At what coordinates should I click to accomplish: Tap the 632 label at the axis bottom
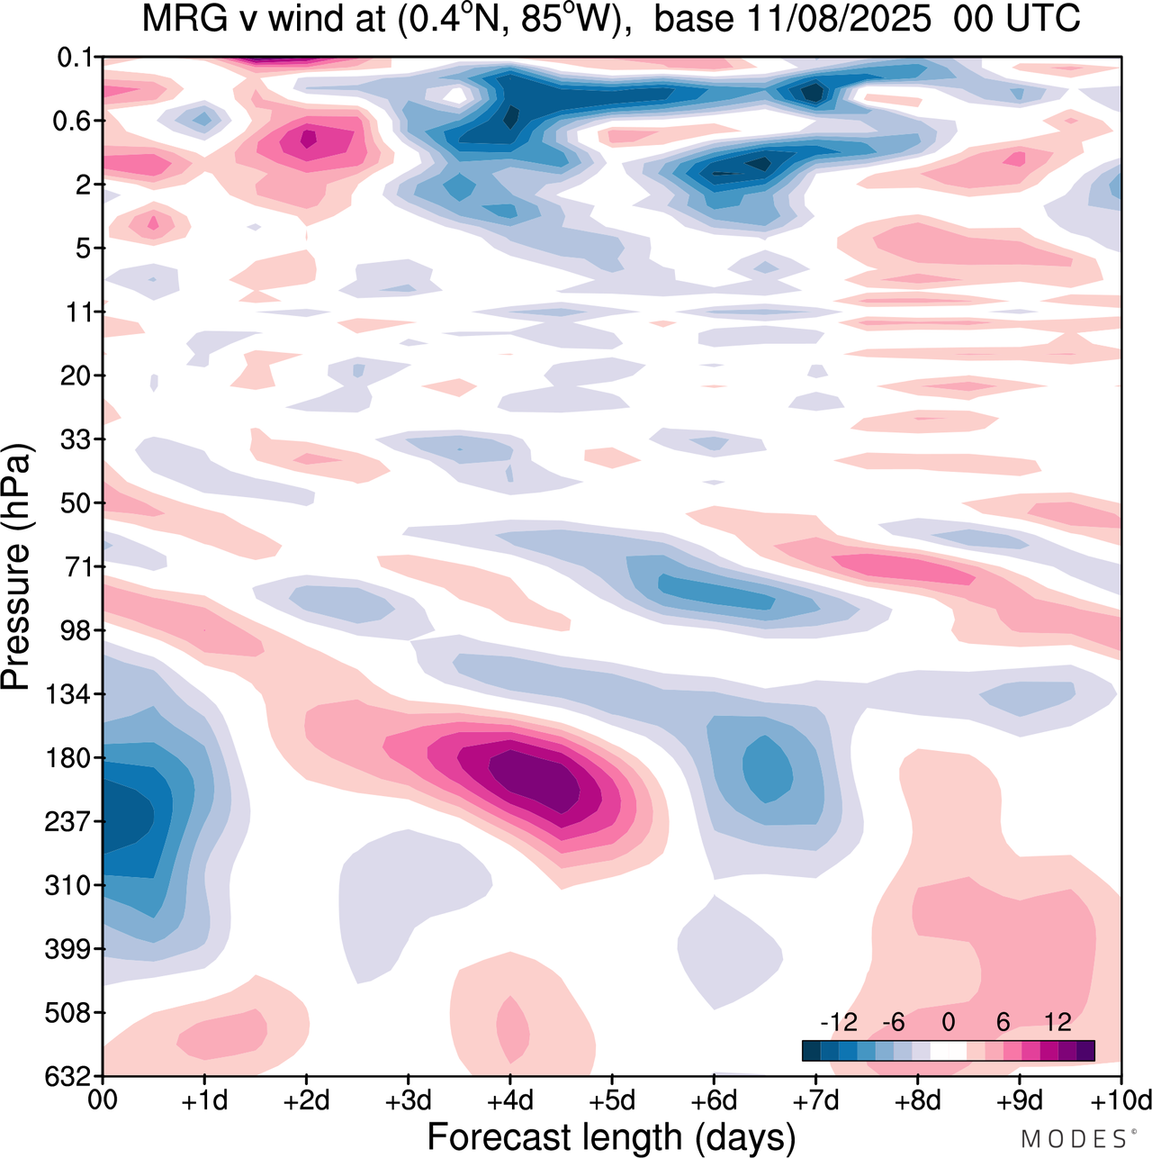pyautogui.click(x=68, y=1076)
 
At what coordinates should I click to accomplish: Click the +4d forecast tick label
pyautogui.click(x=510, y=1100)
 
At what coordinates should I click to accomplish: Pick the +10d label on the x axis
pyautogui.click(x=1121, y=1100)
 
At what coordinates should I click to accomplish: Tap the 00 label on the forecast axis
pyautogui.click(x=103, y=1100)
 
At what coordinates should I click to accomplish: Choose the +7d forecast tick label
pyautogui.click(x=815, y=1100)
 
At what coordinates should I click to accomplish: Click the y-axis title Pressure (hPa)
pyautogui.click(x=16, y=567)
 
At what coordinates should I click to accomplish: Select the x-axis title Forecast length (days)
pyautogui.click(x=611, y=1136)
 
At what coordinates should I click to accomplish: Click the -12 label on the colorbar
pyautogui.click(x=838, y=1022)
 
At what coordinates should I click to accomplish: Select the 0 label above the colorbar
pyautogui.click(x=948, y=1022)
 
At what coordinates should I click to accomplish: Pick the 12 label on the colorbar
pyautogui.click(x=1057, y=1022)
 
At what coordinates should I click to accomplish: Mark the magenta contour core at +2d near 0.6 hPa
pyautogui.click(x=308, y=139)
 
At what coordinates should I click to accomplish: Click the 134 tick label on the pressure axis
pyautogui.click(x=68, y=694)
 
